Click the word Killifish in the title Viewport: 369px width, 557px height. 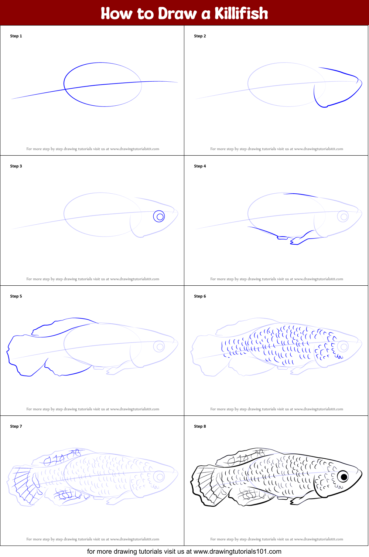(241, 13)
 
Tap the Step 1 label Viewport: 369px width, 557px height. (16, 36)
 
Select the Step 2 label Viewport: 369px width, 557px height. (200, 36)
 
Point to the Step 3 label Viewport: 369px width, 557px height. (16, 166)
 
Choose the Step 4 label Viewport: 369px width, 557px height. (200, 166)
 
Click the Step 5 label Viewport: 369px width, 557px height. (16, 296)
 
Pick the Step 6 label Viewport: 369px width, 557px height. (200, 296)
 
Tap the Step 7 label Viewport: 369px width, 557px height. (16, 427)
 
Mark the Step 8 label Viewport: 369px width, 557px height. (200, 427)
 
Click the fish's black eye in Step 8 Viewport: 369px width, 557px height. (344, 477)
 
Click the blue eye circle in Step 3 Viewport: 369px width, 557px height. (159, 217)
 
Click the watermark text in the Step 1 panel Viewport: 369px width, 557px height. (93, 149)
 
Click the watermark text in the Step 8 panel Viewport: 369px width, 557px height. (277, 539)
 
